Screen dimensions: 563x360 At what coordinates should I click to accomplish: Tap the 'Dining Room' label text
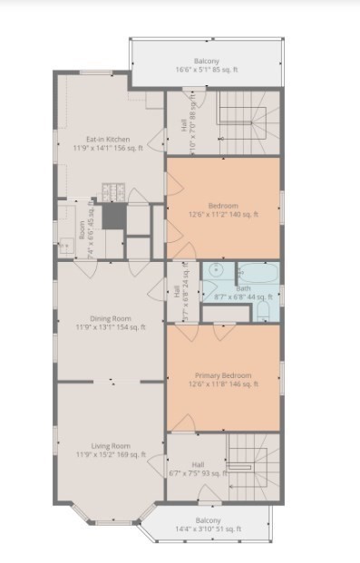[x=110, y=318]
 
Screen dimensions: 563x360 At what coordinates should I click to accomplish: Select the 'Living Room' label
[x=110, y=445]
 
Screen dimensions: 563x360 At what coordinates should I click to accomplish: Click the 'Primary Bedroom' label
[x=223, y=374]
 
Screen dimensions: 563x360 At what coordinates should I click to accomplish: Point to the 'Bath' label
[x=243, y=288]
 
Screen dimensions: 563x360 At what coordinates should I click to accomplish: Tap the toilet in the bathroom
[x=264, y=311]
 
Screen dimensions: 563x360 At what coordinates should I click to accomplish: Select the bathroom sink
[x=217, y=271]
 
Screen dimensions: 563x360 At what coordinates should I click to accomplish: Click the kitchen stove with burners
[x=112, y=191]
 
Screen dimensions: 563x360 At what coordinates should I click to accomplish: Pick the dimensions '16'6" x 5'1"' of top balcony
[x=207, y=70]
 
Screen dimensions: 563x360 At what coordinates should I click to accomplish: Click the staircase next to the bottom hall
[x=248, y=465]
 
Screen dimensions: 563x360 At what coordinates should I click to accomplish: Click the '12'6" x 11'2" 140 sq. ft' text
[x=223, y=215]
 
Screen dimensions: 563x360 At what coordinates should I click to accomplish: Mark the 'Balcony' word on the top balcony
[x=207, y=61]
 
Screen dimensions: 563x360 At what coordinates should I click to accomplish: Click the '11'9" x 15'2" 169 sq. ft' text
[x=110, y=454]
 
